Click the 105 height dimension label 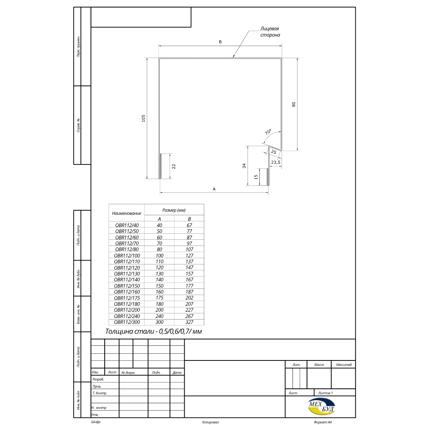coord(143,118)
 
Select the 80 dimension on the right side coord(294,104)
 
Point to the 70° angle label coord(268,132)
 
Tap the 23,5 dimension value coord(275,163)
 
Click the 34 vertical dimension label coord(244,166)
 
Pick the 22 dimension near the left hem coord(174,166)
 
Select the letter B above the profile coord(220,42)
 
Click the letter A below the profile coord(214,189)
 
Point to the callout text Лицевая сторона coord(270,32)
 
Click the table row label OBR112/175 coord(127,298)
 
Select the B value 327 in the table coord(189,322)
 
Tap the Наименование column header coord(126,213)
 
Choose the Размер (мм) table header coord(174,210)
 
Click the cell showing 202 coord(189,297)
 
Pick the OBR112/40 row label coord(127,225)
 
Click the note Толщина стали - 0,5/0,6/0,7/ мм coord(153,331)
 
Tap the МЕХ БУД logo coord(322,407)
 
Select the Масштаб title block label coord(344,365)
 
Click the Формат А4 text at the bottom coord(323,422)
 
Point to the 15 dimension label coord(256,177)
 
